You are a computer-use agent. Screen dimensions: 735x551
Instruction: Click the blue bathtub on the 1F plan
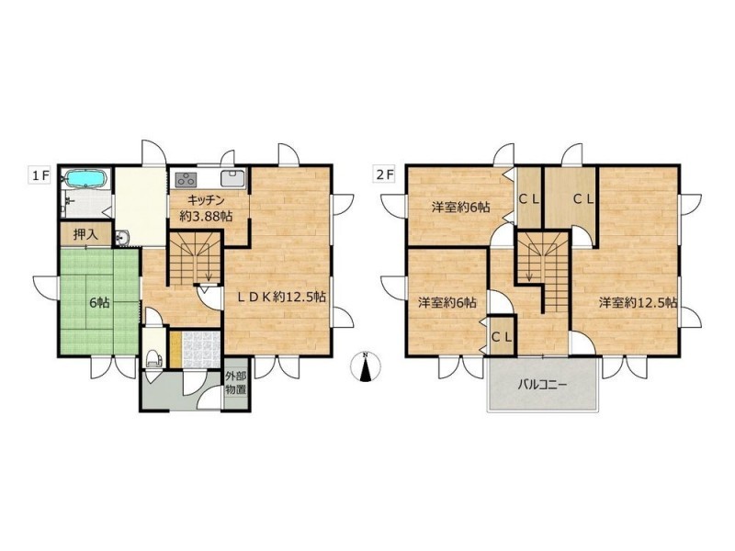86,178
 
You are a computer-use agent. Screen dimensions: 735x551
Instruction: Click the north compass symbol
366,365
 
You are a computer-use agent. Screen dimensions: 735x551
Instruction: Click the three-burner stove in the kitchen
187,179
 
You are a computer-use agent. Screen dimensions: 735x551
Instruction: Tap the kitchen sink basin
232,179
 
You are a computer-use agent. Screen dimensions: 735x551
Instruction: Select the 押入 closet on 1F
85,234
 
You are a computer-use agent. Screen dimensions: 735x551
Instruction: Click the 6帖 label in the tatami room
99,303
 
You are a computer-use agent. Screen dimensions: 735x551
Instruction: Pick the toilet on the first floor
153,358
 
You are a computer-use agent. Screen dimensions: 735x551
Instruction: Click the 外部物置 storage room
236,383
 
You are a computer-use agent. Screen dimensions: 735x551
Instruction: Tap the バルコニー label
542,386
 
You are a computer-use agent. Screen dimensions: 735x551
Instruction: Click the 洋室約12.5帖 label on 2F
638,303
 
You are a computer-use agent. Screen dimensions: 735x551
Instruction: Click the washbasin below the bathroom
121,238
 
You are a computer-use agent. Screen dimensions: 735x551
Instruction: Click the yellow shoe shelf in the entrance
175,350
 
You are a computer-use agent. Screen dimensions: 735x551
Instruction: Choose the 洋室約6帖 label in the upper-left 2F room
461,207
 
